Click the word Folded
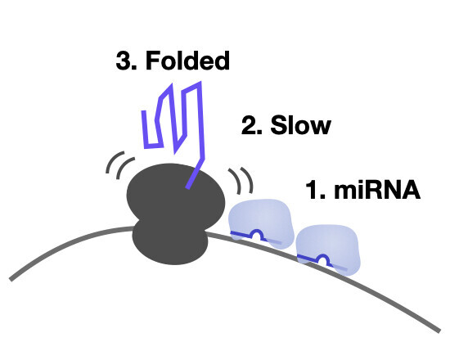point(187,61)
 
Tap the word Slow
point(301,125)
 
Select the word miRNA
point(377,190)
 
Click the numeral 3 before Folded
point(123,61)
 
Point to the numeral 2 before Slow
point(249,125)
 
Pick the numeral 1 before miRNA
point(312,190)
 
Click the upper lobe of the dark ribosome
point(176,196)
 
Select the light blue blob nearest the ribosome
point(261,223)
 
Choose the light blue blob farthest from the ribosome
point(329,249)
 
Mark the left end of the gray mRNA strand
point(11,279)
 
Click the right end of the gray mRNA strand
point(439,331)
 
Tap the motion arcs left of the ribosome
point(119,165)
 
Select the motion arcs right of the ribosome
point(241,180)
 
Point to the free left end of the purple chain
point(143,111)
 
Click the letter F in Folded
point(153,61)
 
